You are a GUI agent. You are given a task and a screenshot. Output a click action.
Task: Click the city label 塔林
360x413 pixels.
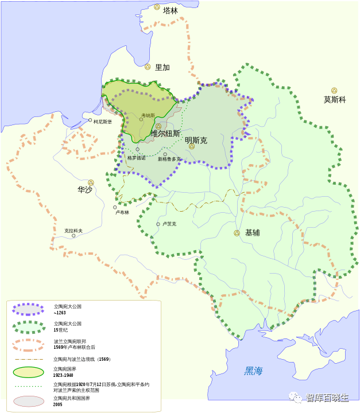tap(171, 10)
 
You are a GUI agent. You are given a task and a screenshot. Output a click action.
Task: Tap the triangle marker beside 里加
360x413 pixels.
tap(148, 67)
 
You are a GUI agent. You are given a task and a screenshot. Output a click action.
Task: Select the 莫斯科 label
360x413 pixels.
tap(335, 100)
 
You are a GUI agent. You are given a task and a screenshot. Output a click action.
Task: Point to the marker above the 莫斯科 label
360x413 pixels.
tap(334, 90)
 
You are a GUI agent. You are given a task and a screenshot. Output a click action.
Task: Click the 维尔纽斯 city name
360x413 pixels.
tap(165, 133)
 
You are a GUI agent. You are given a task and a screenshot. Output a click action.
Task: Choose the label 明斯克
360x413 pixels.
tap(196, 140)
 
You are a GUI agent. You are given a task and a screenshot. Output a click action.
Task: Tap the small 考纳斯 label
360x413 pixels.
tap(148, 115)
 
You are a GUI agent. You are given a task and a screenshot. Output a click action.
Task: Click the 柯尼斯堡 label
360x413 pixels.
tap(103, 122)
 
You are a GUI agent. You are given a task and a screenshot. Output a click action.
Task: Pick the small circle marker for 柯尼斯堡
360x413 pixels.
tap(90, 120)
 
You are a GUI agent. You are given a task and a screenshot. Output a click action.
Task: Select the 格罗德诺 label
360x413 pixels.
tap(137, 158)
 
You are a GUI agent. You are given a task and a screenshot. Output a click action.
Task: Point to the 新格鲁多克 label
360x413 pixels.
tap(169, 159)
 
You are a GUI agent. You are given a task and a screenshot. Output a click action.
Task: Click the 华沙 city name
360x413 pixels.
tap(85, 189)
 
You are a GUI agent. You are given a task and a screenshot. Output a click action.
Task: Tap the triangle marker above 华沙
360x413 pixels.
tap(91, 182)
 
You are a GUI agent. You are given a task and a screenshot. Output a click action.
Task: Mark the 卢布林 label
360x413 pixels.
tap(122, 212)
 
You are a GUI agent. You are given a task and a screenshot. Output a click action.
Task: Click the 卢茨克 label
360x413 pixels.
tap(169, 224)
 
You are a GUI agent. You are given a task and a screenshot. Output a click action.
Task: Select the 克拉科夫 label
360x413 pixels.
tap(73, 231)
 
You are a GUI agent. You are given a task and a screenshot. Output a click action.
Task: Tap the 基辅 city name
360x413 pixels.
tap(252, 233)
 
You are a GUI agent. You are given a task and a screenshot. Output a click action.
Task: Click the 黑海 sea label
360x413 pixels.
tap(253, 371)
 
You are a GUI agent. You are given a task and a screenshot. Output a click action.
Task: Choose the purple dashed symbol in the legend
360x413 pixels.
tap(28, 309)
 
